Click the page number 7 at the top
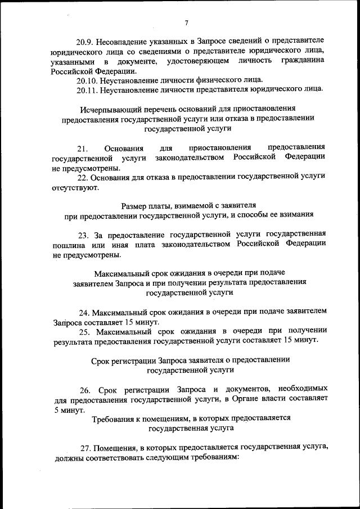(x=186, y=22)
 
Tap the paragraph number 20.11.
(x=88, y=89)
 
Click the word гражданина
(x=303, y=61)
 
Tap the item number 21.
(x=83, y=148)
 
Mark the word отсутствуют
(x=74, y=187)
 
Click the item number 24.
(x=84, y=312)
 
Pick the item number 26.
(x=85, y=390)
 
